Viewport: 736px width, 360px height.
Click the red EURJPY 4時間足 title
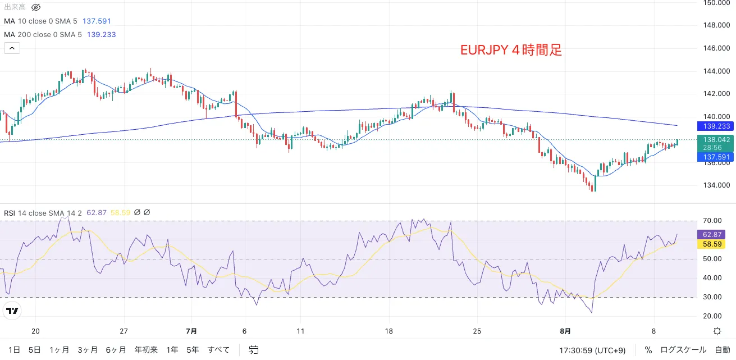click(x=511, y=51)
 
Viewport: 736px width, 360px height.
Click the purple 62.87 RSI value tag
click(x=712, y=234)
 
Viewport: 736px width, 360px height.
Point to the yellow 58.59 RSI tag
click(x=712, y=244)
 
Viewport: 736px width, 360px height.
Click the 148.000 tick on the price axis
click(x=716, y=25)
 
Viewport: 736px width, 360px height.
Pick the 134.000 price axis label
click(x=716, y=185)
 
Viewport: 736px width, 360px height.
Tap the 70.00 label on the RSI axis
click(x=712, y=221)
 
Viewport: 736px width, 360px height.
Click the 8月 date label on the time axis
click(x=565, y=331)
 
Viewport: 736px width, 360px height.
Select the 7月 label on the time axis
click(x=191, y=331)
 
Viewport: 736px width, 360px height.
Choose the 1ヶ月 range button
click(x=59, y=350)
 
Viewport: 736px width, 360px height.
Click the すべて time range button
click(x=218, y=350)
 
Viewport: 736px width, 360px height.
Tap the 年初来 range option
click(x=146, y=350)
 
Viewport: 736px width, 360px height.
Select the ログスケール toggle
click(x=683, y=350)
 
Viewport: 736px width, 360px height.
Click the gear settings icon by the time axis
click(x=717, y=331)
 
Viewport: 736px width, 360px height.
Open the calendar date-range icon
click(x=253, y=350)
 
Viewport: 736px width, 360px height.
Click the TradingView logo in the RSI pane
click(x=12, y=311)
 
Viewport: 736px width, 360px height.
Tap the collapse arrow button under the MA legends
click(x=12, y=48)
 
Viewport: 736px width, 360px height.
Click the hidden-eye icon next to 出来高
click(x=36, y=7)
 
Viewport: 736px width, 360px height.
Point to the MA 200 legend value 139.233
click(x=101, y=34)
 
